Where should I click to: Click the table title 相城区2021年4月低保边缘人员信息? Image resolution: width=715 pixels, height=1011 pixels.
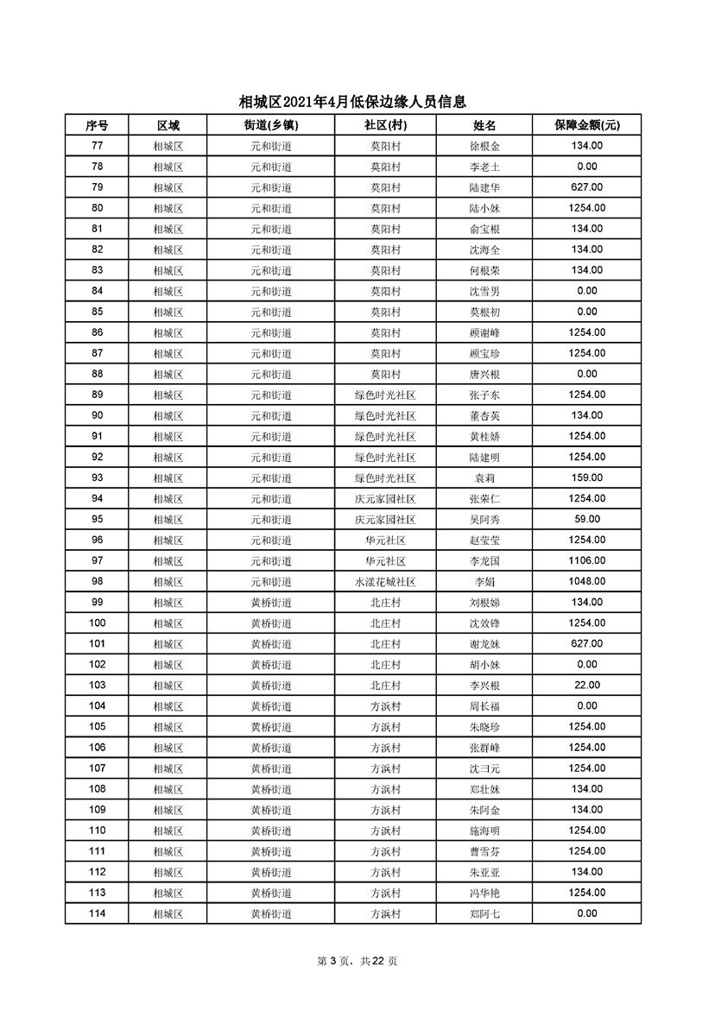tap(357, 102)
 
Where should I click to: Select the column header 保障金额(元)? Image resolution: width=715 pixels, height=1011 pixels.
tap(586, 125)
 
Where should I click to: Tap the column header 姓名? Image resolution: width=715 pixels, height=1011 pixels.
tap(484, 125)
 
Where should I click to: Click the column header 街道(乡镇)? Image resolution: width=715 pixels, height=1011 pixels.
tap(271, 125)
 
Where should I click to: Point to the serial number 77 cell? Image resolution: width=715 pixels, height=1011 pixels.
tap(97, 146)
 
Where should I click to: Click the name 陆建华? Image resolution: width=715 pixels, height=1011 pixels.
tap(484, 187)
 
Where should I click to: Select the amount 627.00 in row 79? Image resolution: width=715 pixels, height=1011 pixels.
tap(586, 187)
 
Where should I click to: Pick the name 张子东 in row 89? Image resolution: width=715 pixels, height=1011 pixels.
tap(484, 395)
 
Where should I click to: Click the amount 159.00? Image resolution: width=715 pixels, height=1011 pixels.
tap(586, 477)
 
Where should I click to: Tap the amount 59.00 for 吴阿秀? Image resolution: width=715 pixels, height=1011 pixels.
tap(586, 519)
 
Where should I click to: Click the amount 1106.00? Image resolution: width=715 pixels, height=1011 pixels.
tap(586, 560)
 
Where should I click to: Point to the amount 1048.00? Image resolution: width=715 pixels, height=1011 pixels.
tap(586, 581)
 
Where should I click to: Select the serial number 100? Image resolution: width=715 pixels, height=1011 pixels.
tap(97, 622)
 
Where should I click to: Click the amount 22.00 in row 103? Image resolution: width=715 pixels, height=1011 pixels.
tap(586, 685)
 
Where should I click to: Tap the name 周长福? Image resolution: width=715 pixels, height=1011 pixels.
tap(484, 705)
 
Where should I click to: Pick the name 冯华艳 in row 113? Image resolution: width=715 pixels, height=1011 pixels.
tap(484, 893)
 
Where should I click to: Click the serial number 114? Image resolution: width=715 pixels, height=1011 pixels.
tap(97, 913)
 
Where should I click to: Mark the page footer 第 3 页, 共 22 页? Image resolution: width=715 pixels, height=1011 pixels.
tap(357, 961)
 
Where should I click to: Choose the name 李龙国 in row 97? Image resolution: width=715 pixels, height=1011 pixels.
tap(484, 560)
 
